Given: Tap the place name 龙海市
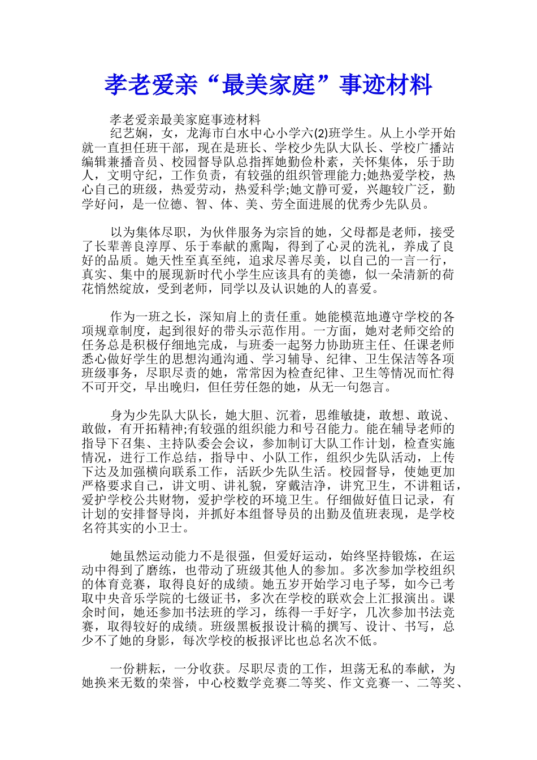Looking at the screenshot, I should (205, 134).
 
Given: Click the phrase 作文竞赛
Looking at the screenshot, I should (364, 683).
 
